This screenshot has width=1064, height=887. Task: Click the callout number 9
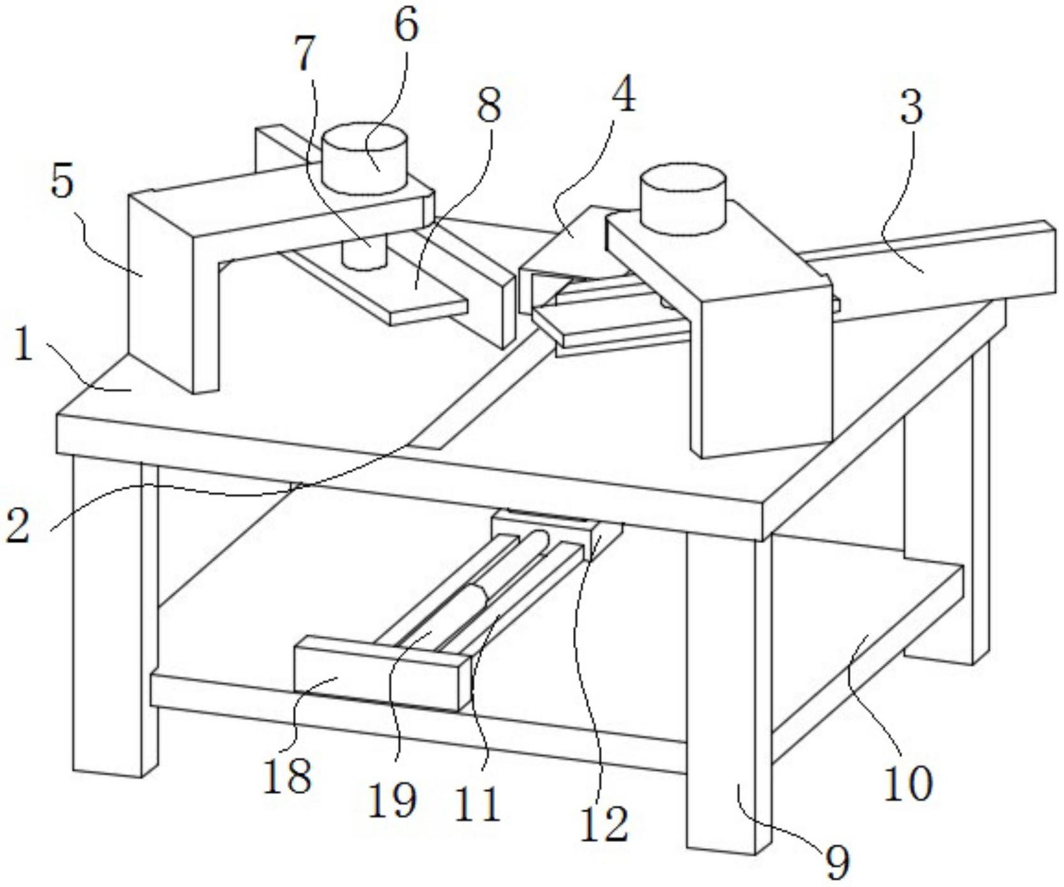[837, 862]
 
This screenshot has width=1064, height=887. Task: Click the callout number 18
[288, 776]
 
